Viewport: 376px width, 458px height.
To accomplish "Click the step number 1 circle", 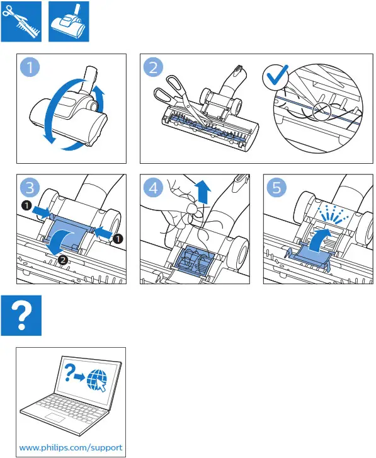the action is [x=30, y=67].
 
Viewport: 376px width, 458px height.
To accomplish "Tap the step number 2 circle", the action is [x=153, y=67].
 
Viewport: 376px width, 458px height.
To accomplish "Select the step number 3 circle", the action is [x=30, y=188].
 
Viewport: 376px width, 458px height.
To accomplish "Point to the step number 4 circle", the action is [x=153, y=188].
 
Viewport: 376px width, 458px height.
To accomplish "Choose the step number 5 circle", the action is [x=276, y=188].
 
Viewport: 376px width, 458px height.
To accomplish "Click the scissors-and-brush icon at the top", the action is [x=21, y=21].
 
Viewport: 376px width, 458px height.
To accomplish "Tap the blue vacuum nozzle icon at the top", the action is [x=69, y=21].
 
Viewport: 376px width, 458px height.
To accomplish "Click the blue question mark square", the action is [x=21, y=316].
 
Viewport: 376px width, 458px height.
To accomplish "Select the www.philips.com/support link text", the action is [x=71, y=448].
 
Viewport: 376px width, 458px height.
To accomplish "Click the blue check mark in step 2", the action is [x=276, y=76].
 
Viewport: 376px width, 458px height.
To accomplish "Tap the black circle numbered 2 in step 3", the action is [x=63, y=260].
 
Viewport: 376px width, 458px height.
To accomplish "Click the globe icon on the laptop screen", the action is [x=97, y=380].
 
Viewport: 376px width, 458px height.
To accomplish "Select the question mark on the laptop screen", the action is [x=69, y=372].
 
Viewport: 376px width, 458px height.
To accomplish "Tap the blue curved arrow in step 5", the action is [x=320, y=238].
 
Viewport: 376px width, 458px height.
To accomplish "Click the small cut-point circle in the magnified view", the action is [x=321, y=112].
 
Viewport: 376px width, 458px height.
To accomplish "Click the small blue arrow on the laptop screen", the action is [x=80, y=377].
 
